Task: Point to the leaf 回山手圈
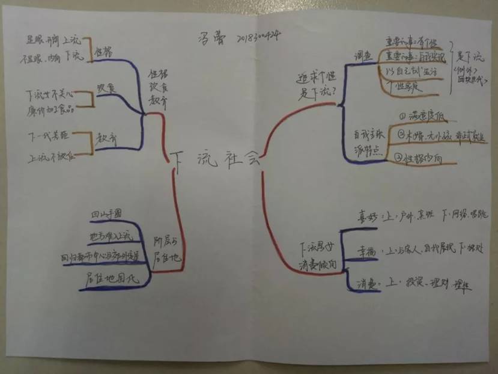[x=105, y=215]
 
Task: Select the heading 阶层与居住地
[x=166, y=253]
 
